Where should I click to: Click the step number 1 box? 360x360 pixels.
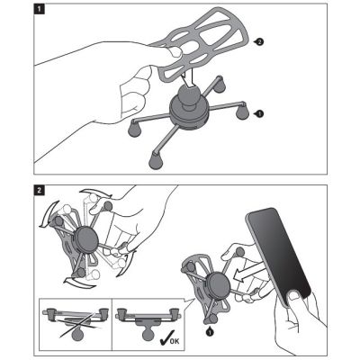(40, 8)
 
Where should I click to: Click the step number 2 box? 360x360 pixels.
(40, 190)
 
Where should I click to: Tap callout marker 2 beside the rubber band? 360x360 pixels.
(259, 42)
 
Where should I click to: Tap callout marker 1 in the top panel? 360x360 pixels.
(259, 113)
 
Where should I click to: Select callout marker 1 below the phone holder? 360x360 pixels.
(210, 331)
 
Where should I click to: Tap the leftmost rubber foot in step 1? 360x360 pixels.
(135, 129)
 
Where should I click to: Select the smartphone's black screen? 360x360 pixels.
(279, 255)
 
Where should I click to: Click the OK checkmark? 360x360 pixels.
(165, 339)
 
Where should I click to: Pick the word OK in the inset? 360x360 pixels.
(175, 340)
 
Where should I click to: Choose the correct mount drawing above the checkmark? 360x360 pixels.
(148, 322)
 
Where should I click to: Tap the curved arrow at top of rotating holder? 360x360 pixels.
(97, 194)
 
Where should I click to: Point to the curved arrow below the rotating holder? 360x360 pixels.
(78, 283)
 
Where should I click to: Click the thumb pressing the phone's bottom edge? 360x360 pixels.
(296, 298)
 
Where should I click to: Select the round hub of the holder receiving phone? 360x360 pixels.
(218, 284)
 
